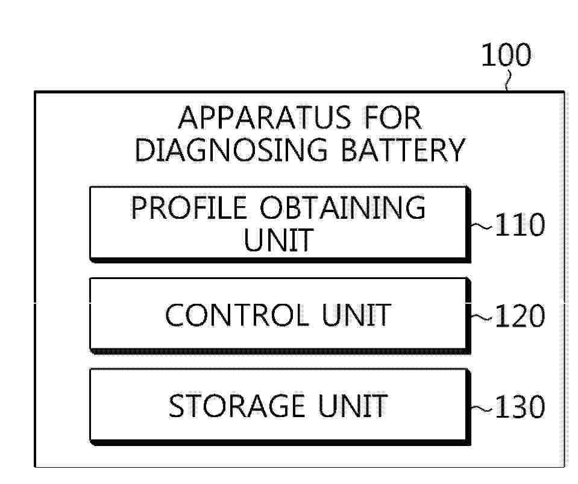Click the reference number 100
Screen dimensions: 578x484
(x=506, y=55)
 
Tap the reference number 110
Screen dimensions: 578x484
(x=520, y=224)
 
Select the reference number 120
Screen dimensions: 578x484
(x=520, y=316)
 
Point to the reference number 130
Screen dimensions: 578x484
(x=520, y=407)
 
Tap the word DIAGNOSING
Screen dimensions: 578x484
(x=231, y=150)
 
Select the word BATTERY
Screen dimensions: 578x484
(x=403, y=150)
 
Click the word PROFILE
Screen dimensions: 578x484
(x=189, y=208)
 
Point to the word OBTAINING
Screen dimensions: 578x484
(x=343, y=208)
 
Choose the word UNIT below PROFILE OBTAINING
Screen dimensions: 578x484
(x=278, y=240)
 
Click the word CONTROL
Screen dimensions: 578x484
(x=237, y=315)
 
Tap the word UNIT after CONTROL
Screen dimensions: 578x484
(x=356, y=315)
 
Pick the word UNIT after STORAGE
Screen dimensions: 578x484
(x=353, y=406)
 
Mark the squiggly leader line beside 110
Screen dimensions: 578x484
(x=481, y=225)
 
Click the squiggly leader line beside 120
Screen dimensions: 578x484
(x=481, y=316)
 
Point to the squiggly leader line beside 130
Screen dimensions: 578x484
(x=481, y=407)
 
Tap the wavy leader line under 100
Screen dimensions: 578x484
(x=508, y=80)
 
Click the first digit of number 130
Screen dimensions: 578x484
(x=500, y=407)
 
